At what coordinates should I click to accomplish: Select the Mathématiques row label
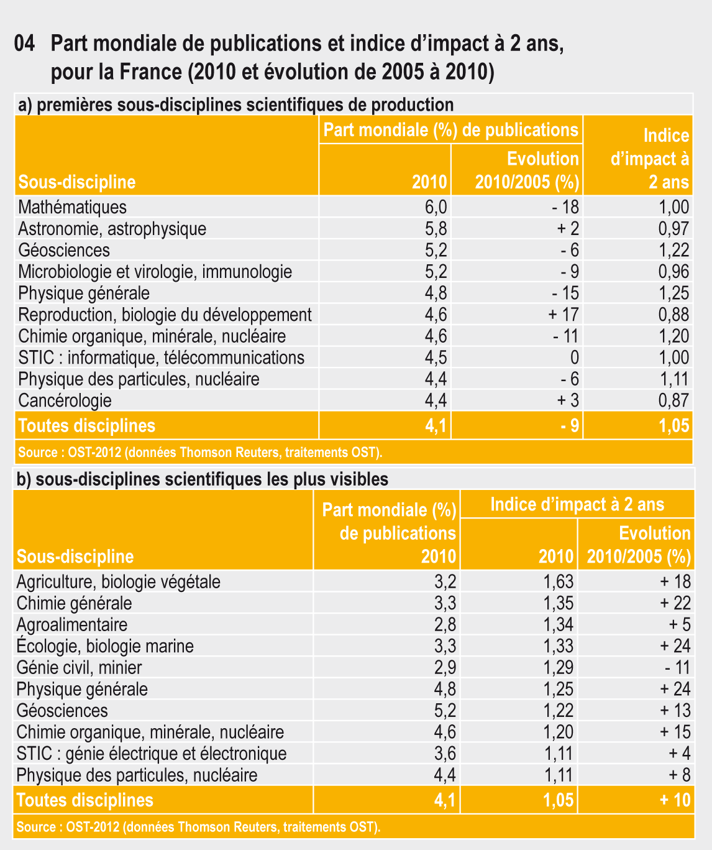pos(72,207)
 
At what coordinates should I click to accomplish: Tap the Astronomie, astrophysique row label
pos(112,229)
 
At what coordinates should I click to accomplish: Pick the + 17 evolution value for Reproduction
pos(564,315)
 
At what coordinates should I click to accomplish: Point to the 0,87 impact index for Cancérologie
pos(673,400)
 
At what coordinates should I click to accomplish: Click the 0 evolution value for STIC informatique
pos(574,358)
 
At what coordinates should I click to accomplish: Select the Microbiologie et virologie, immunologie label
pos(155,272)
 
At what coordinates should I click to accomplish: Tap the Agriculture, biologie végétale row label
pos(118,582)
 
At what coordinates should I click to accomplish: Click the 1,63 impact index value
pos(558,582)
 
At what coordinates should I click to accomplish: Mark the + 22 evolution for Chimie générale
pos(675,603)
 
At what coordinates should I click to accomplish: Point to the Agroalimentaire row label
pos(71,625)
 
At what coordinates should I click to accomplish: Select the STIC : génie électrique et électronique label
pos(152,754)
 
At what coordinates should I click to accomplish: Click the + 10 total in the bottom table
pos(675,800)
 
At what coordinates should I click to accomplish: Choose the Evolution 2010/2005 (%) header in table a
pos(527,170)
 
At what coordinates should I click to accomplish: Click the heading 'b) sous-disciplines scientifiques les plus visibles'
pos(203,479)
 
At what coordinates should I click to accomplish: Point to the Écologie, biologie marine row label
pos(105,646)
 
